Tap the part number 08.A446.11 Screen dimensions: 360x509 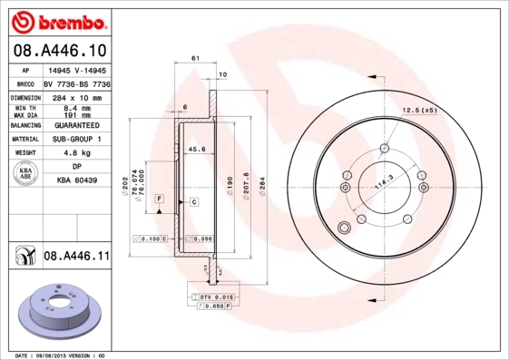coord(76,258)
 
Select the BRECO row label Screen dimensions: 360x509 coord(24,82)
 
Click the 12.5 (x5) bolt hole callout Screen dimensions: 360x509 coord(420,111)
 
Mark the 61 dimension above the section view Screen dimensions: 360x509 coord(195,58)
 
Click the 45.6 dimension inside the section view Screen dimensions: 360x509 coord(195,149)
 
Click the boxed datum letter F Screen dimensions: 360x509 coord(159,198)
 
